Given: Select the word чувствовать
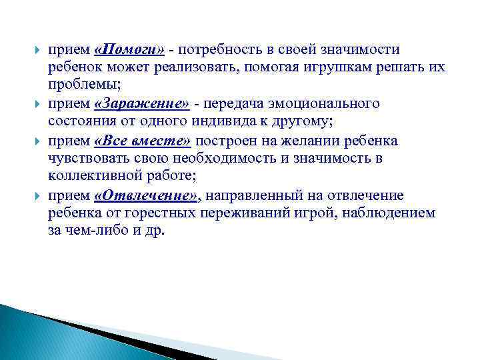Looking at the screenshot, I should tap(83, 159).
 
